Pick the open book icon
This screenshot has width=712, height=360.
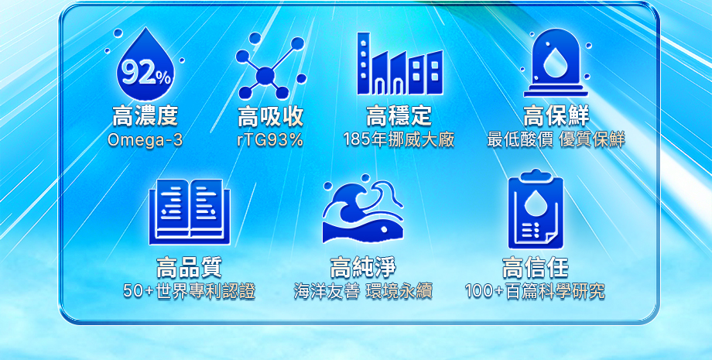(x=189, y=211)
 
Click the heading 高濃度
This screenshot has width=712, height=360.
(x=145, y=117)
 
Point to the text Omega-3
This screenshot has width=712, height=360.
(x=145, y=140)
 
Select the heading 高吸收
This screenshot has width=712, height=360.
(x=270, y=118)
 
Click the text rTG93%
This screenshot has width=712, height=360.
(x=270, y=140)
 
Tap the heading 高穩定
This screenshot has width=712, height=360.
(x=399, y=117)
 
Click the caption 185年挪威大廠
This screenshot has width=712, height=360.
(x=399, y=140)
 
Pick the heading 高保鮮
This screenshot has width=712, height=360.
(x=556, y=117)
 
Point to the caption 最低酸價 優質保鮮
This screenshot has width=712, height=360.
(x=556, y=140)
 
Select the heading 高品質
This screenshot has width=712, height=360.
(x=189, y=269)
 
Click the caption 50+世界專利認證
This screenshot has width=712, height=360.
(x=189, y=292)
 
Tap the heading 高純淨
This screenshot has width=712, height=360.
(x=363, y=269)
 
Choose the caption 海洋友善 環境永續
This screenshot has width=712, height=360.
(x=363, y=292)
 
